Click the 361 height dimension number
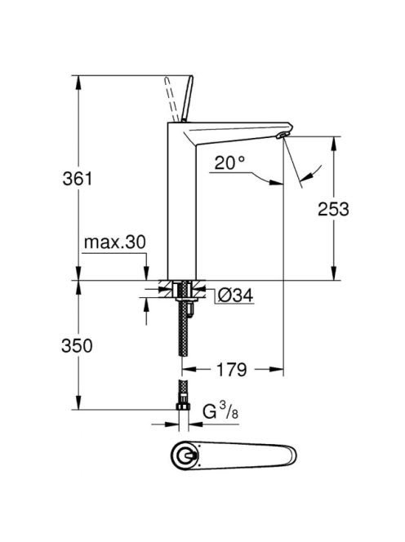point(78,179)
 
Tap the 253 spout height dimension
point(333,209)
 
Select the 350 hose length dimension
point(77,345)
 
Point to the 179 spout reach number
point(232,370)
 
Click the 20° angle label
point(229,162)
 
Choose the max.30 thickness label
point(115,242)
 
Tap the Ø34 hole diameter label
point(235,295)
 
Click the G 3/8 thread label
point(220,411)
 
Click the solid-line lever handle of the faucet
point(187,99)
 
